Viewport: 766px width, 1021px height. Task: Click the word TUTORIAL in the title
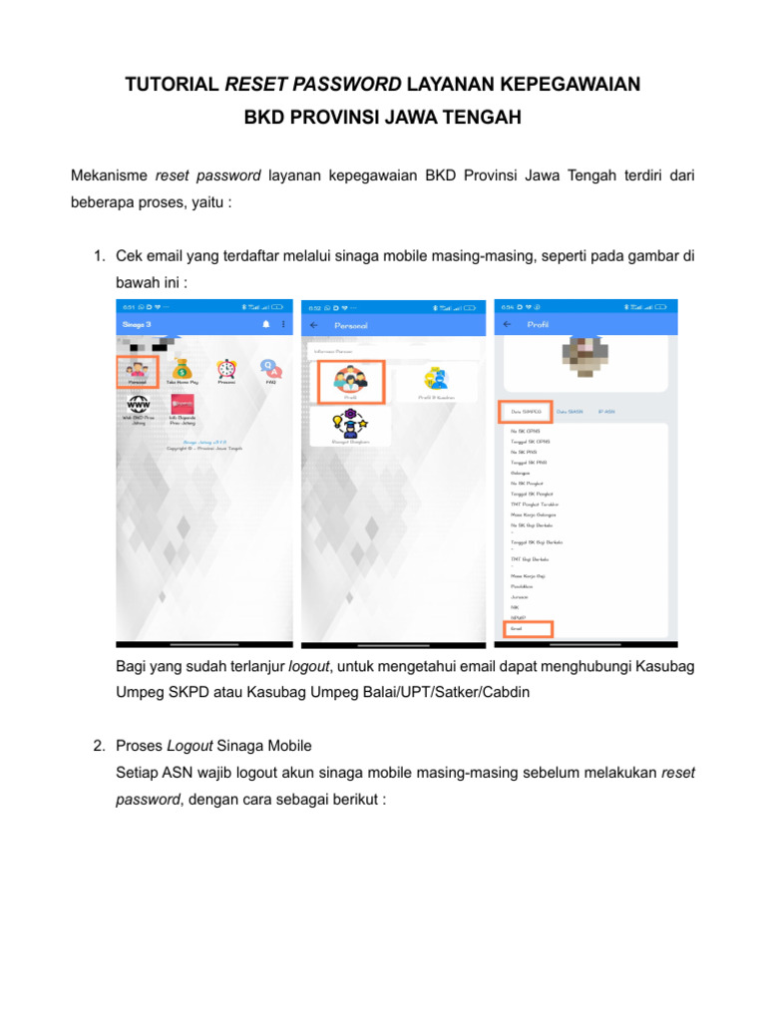point(172,86)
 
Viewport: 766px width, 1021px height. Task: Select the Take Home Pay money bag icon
point(181,371)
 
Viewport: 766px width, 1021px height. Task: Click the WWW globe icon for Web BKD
point(136,406)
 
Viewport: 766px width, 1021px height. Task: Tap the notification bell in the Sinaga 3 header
point(266,325)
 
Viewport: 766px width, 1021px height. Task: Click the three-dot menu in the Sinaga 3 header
point(283,325)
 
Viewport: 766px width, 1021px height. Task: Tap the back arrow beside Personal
point(314,325)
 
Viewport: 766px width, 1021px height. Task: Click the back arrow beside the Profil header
point(508,325)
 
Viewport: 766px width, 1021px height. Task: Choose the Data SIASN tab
point(570,411)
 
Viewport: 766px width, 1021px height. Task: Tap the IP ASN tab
point(606,411)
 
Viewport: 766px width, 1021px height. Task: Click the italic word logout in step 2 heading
point(187,746)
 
